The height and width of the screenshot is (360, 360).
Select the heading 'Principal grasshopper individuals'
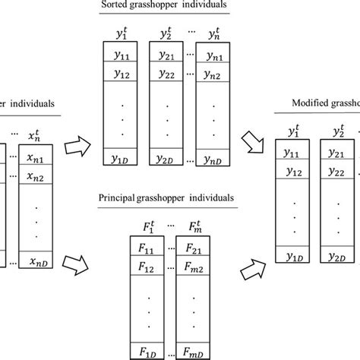coord(166,198)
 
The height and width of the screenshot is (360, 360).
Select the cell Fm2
coord(191,267)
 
